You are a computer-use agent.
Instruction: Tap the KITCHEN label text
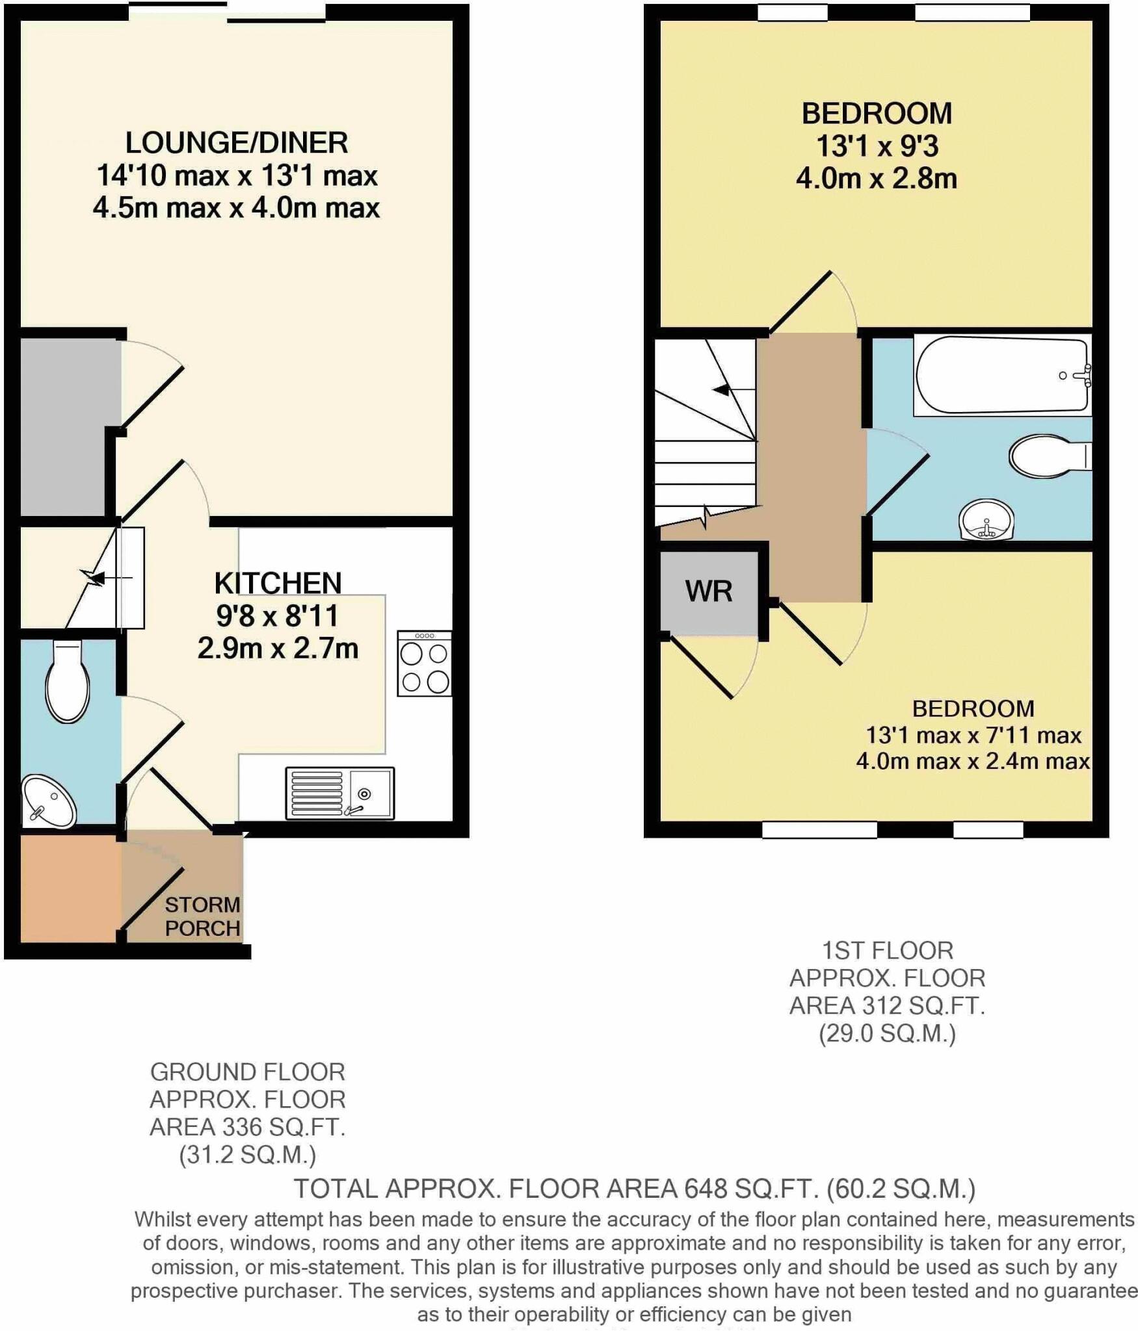coord(278,583)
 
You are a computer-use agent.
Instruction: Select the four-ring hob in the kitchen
coord(425,664)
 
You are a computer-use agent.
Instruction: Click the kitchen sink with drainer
coord(339,794)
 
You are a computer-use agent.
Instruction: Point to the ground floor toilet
coord(67,682)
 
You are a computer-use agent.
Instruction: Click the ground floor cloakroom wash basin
coord(48,801)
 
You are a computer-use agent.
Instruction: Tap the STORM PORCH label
coord(202,916)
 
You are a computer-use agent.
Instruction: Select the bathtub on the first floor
coord(1001,375)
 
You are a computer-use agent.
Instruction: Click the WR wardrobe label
coord(708,591)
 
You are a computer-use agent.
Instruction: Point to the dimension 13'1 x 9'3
coord(877,146)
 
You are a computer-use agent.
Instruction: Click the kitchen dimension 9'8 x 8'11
coord(278,615)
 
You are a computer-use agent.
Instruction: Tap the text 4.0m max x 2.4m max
coord(972,761)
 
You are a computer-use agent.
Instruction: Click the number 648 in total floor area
coord(705,1189)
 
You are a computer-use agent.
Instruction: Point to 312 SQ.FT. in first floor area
coord(918,1005)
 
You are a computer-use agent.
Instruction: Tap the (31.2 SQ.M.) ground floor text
coord(247,1155)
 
